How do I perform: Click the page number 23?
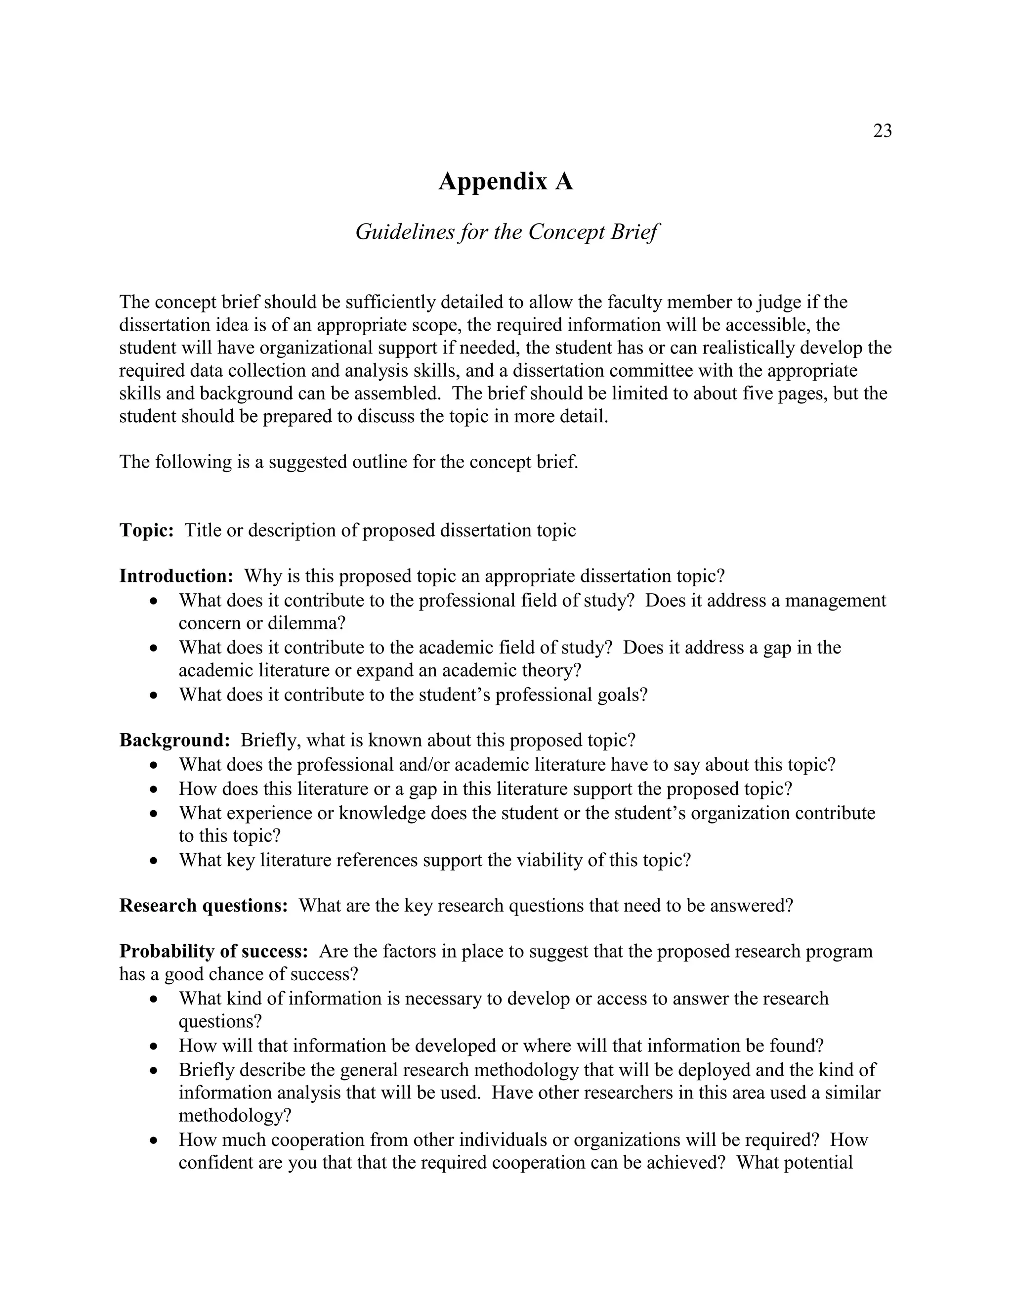coord(882,131)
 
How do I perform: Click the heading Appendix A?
coord(506,181)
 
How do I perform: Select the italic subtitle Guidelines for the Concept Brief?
coord(506,231)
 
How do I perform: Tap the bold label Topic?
coord(146,530)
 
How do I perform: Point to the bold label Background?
coord(174,740)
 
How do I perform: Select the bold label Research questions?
coord(203,905)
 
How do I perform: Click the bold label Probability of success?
coord(213,951)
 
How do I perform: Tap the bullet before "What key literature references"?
coord(155,861)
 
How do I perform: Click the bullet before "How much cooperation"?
coord(155,1141)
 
